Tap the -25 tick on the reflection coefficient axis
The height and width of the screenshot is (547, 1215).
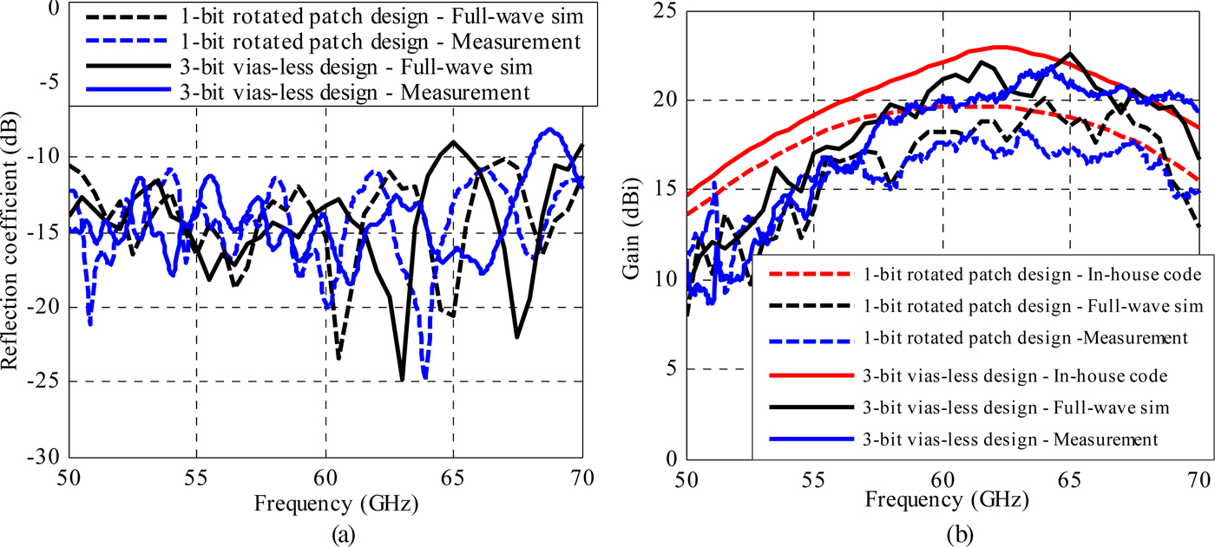(x=44, y=381)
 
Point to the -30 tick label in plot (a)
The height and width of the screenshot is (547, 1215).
(x=44, y=457)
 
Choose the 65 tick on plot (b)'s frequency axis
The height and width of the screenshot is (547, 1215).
(x=1069, y=477)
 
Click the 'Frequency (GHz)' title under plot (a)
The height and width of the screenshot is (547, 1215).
(x=325, y=502)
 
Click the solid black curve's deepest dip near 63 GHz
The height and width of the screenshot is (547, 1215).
(x=402, y=379)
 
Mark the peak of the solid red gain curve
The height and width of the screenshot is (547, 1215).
(x=1000, y=47)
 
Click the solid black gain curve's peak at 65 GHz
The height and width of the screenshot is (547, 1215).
(x=1069, y=53)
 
